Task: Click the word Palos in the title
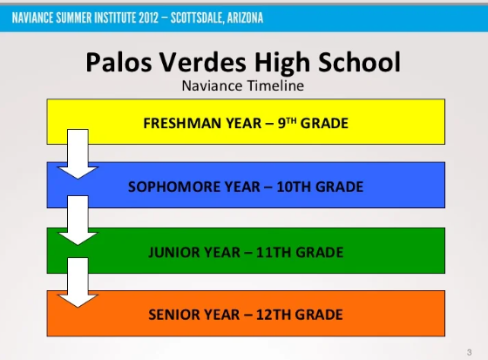click(x=116, y=62)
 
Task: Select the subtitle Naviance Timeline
click(x=243, y=85)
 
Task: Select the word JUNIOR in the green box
click(x=179, y=253)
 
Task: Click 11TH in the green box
click(x=267, y=253)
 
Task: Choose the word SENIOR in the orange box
click(x=176, y=315)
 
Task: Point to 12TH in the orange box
click(x=266, y=315)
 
